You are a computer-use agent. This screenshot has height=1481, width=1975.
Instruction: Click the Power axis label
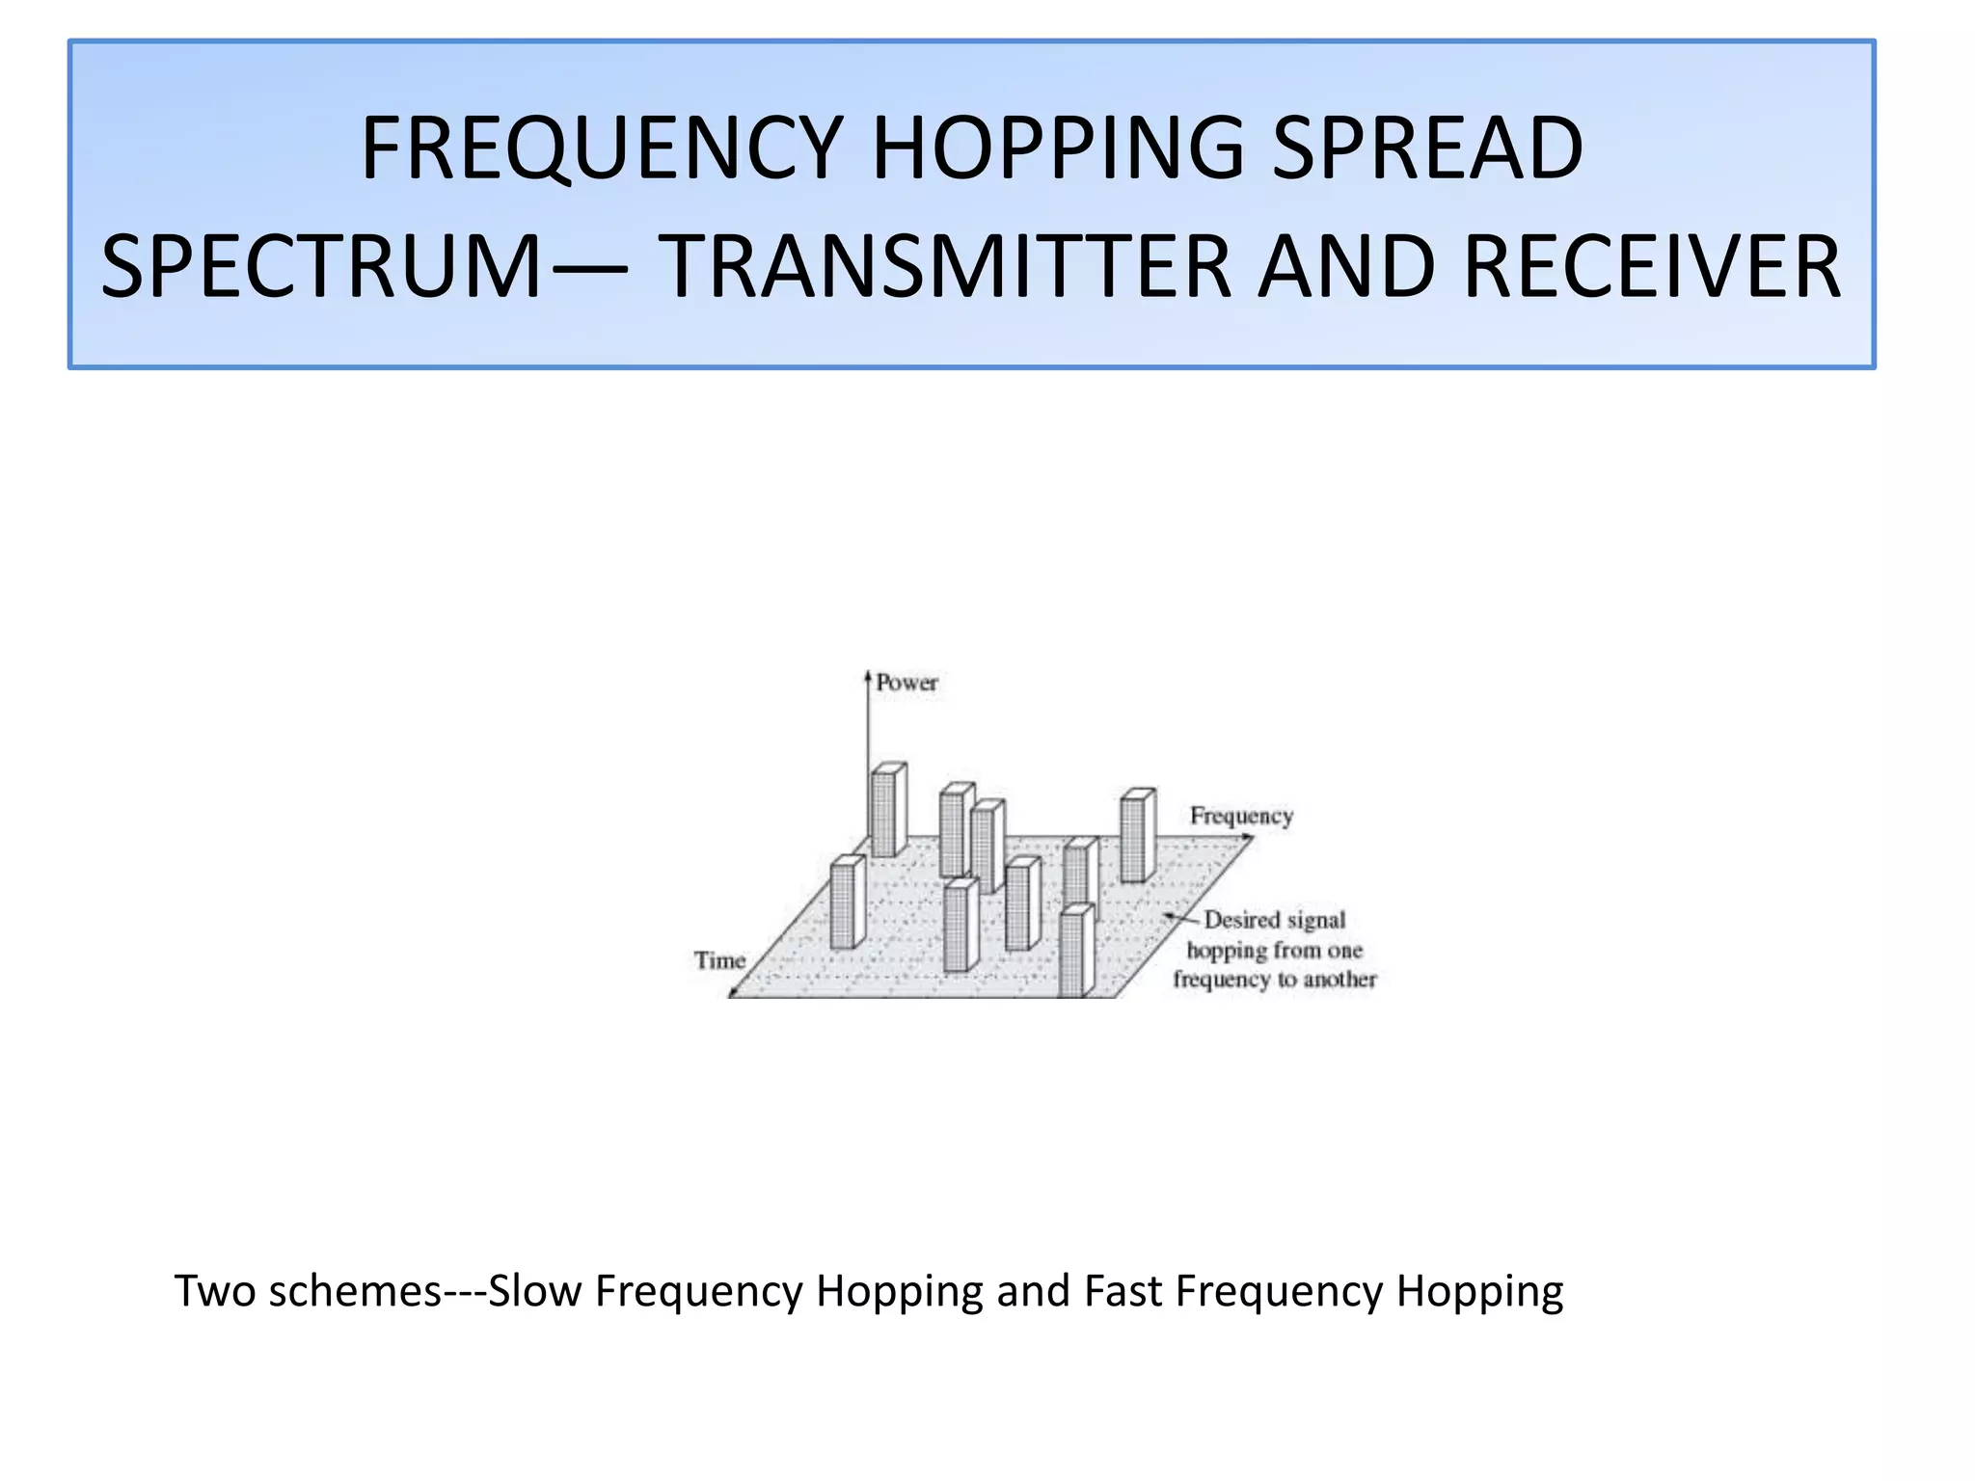906,683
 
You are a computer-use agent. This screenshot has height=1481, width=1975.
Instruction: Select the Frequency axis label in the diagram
1241,816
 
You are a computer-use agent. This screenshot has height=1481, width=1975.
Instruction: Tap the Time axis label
720,960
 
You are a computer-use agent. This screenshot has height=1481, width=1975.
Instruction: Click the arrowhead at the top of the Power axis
868,675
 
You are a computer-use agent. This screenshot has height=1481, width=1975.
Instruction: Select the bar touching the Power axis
886,810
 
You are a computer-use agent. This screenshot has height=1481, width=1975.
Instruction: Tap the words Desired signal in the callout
1274,920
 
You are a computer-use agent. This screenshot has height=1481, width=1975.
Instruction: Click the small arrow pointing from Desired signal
1178,918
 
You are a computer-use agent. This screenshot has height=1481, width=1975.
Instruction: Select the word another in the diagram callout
1339,980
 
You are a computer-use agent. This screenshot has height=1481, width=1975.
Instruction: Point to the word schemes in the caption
355,1291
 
